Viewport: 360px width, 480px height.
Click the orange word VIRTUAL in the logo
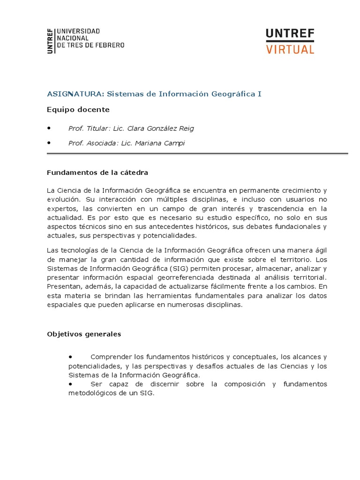290,49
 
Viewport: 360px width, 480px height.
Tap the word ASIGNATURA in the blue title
75,94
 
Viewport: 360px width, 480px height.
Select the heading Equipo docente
78,110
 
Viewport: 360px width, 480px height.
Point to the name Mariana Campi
160,143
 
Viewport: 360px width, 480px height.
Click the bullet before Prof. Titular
50,128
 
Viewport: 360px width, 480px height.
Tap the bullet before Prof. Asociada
50,143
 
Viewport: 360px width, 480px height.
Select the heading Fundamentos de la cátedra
97,172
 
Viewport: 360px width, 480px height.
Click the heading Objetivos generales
84,334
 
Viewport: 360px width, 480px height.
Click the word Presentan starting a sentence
63,286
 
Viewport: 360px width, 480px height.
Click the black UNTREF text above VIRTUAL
290,34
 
